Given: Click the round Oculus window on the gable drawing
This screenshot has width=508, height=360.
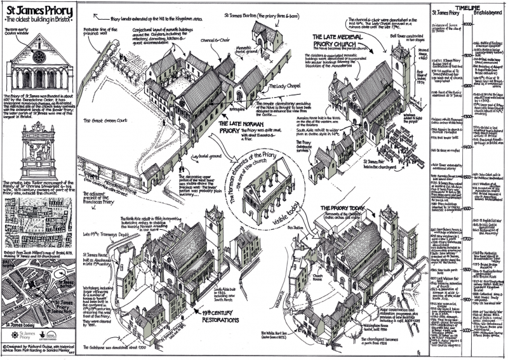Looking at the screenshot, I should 39,57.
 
